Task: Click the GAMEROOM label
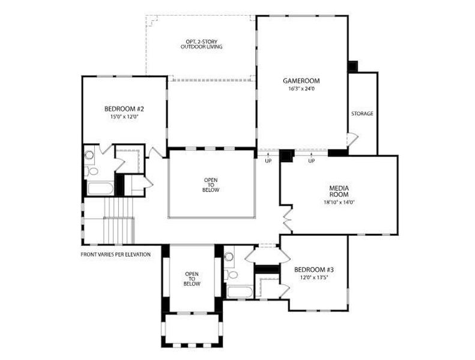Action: [x=301, y=81]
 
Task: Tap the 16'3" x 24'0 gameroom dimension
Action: [x=301, y=89]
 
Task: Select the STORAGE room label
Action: [x=362, y=113]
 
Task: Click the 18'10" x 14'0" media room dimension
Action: [x=339, y=202]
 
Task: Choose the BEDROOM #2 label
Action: [x=124, y=109]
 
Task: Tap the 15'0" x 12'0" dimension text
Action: [x=124, y=117]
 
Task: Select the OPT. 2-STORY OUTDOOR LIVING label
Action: [x=202, y=44]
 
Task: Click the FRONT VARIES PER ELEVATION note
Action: [x=115, y=254]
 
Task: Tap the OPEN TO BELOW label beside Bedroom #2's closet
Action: [x=211, y=184]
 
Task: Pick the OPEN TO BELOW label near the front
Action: [x=192, y=279]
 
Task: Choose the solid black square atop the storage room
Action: [x=353, y=65]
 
